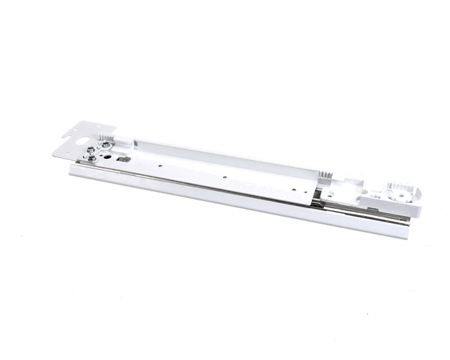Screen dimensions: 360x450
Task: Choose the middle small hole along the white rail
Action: click(x=225, y=176)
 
